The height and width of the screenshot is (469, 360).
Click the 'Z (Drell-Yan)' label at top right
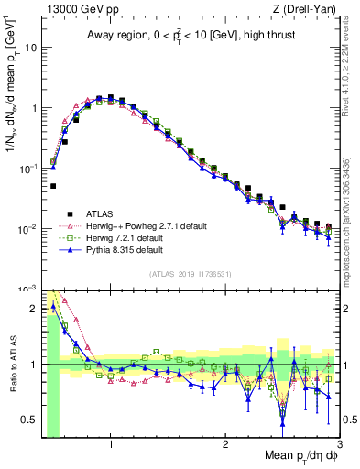coord(308,10)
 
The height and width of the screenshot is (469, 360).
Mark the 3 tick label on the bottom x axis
coord(340,444)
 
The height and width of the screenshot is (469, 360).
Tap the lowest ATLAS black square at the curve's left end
coord(53,186)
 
